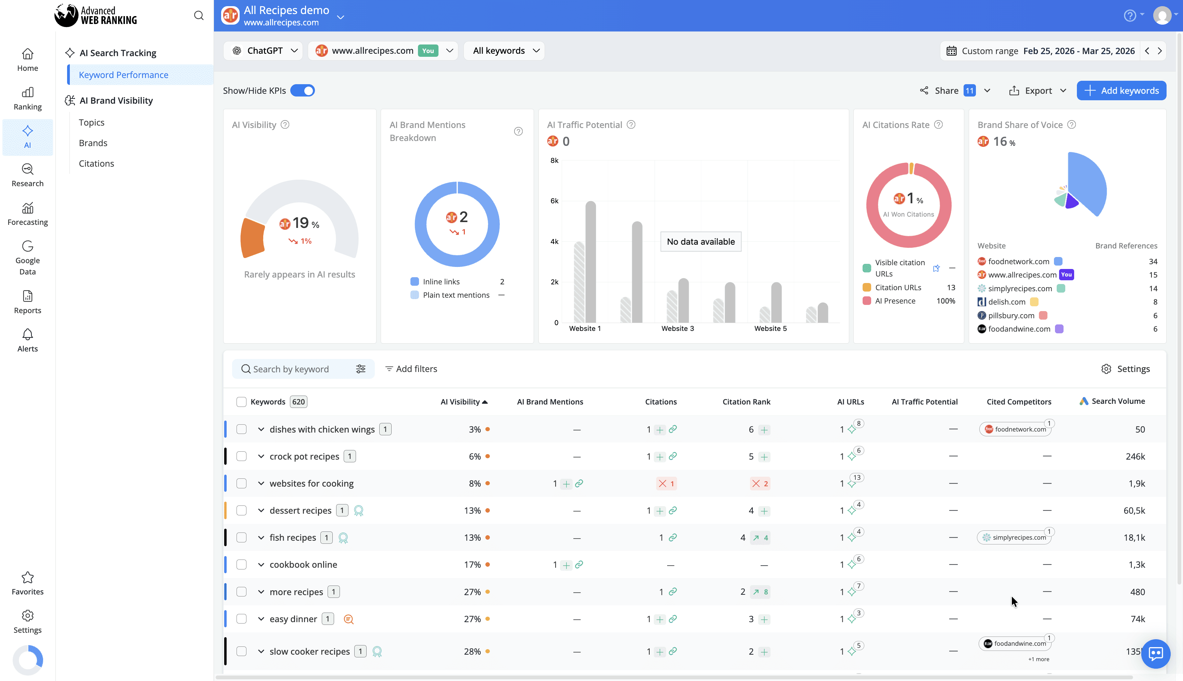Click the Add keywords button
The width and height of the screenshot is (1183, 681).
point(1121,91)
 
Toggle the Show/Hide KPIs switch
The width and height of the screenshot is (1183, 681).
point(302,91)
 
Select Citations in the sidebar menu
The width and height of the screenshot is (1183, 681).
point(97,163)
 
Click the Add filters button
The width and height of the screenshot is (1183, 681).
point(411,369)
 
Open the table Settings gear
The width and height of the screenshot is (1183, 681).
point(1125,369)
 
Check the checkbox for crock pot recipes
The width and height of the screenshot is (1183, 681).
point(241,457)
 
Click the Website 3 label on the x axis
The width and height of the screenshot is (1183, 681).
point(677,328)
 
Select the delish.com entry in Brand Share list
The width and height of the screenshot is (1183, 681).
point(1007,302)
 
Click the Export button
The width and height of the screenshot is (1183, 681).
point(1038,91)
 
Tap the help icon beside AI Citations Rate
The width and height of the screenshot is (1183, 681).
point(938,125)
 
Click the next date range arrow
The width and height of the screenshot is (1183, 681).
point(1160,51)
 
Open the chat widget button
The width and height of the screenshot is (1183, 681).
point(1155,653)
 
